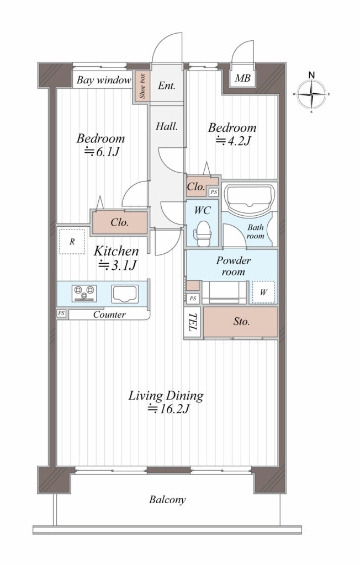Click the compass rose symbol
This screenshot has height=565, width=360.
[x=311, y=94]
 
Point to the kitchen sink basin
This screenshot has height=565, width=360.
[x=125, y=294]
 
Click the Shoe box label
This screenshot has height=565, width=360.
[x=142, y=86]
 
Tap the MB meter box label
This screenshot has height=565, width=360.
[x=242, y=78]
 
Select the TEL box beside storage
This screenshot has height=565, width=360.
[x=192, y=322]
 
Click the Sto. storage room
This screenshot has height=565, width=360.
[x=241, y=322]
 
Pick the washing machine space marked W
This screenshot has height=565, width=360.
[x=263, y=292]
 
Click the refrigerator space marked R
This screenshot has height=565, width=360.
[x=72, y=242]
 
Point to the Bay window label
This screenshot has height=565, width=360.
[x=104, y=80]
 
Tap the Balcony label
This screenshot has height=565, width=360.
[x=167, y=500]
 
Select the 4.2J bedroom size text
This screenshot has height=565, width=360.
[x=233, y=141]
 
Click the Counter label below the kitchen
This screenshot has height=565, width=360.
[x=109, y=315]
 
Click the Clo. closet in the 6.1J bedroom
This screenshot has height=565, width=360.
[x=120, y=222]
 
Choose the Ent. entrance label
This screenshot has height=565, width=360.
[x=167, y=86]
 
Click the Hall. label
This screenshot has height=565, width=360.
[x=167, y=126]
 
